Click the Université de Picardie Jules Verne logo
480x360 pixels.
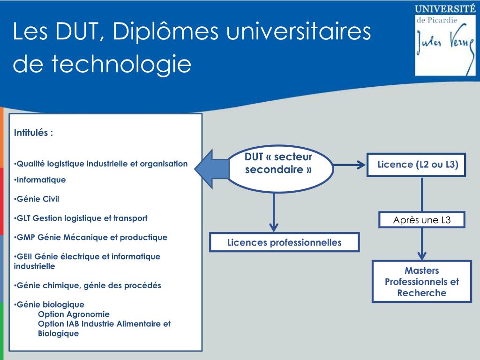pyautogui.click(x=445, y=39)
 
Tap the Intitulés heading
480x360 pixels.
pyautogui.click(x=34, y=133)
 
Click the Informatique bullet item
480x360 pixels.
pyautogui.click(x=40, y=180)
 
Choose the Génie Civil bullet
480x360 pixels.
pyautogui.click(x=37, y=199)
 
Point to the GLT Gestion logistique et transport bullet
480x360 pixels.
pyautogui.click(x=81, y=218)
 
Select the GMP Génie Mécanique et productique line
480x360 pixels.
pyautogui.click(x=90, y=237)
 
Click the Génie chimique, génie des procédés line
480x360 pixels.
pyautogui.click(x=88, y=285)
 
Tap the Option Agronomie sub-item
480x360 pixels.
pyautogui.click(x=74, y=314)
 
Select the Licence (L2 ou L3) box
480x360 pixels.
pyautogui.click(x=416, y=165)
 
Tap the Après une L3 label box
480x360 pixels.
pyautogui.click(x=422, y=220)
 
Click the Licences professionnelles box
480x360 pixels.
pyautogui.click(x=285, y=242)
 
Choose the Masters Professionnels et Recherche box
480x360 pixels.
pyautogui.click(x=421, y=282)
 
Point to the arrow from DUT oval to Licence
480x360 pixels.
pyautogui.click(x=350, y=165)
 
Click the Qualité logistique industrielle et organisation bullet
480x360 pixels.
pyautogui.click(x=101, y=164)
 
